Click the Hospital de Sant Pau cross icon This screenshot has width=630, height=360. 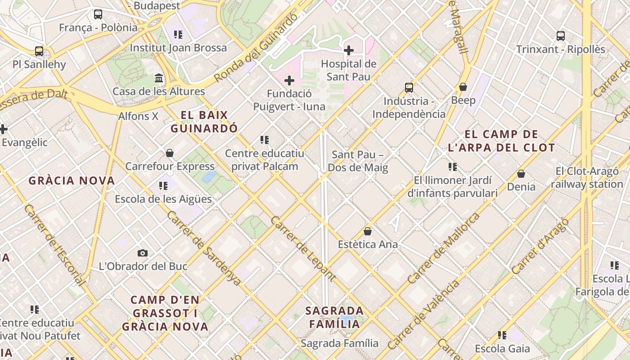pos(349,50)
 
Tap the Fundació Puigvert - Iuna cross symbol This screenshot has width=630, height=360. pos(289,81)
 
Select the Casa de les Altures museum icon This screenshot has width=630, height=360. pos(159,78)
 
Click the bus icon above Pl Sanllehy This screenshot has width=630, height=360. pos(39,51)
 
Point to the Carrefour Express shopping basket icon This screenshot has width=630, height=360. pos(170,153)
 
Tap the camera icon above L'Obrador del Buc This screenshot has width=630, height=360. pos(143,253)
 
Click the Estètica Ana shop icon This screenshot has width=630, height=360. pos(368,231)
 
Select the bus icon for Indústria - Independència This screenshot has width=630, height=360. pos(409,88)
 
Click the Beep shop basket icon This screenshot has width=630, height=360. pos(463,87)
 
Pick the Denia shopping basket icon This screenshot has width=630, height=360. pos(521,173)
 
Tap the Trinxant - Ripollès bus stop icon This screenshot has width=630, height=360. pos(561,36)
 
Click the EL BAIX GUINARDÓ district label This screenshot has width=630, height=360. pos(204,122)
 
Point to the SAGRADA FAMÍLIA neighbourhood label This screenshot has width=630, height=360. pos(335,317)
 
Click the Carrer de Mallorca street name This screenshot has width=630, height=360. pos(444,248)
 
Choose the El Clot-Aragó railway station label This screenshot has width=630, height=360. pos(587,178)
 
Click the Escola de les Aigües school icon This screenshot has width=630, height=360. pos(163,185)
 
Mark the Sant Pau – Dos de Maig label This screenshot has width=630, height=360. pos(358,161)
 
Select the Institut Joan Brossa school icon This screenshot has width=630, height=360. pos(178,35)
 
